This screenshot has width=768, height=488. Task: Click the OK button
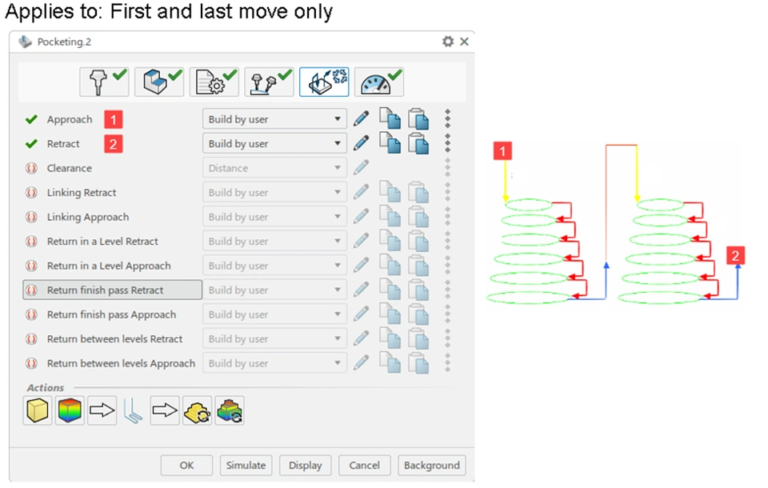tap(186, 466)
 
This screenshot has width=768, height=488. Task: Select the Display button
tap(305, 466)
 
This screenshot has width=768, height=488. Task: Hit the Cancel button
tap(364, 466)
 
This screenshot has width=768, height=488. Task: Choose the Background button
tap(431, 466)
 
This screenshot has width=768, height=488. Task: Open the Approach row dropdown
tap(274, 119)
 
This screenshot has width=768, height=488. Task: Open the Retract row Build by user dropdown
tap(274, 144)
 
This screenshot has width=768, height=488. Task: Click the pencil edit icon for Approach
tap(362, 119)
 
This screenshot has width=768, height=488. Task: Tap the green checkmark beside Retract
tap(31, 144)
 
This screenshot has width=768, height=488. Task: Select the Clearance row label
tap(70, 169)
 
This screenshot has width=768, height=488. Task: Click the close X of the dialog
tap(464, 42)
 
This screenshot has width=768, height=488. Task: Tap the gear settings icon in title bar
tap(448, 42)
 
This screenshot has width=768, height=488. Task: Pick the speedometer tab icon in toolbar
tap(378, 82)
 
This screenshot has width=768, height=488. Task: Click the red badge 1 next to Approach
tap(113, 120)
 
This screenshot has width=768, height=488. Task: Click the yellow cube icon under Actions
tap(37, 411)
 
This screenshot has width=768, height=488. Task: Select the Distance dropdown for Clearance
tap(274, 169)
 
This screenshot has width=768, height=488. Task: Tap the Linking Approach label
tap(88, 218)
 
